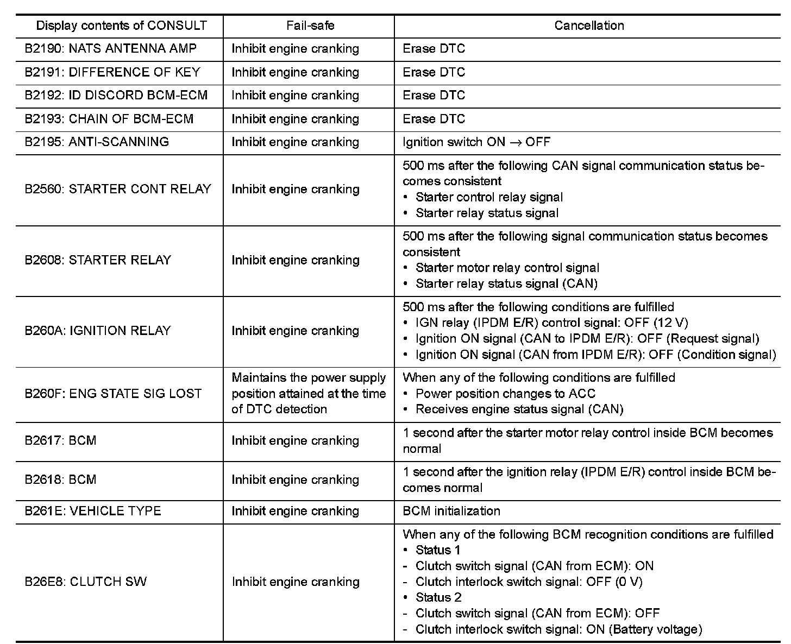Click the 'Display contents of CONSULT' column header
(x=121, y=26)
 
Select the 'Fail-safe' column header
(x=310, y=26)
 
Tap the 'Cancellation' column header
(x=589, y=26)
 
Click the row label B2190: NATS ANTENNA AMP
(x=110, y=49)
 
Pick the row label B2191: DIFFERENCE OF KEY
(x=112, y=72)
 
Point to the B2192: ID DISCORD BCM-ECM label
(x=116, y=96)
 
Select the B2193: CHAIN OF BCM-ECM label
(x=109, y=119)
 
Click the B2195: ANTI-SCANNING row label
(x=97, y=142)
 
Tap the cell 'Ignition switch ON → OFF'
(x=476, y=142)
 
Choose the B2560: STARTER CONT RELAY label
(x=117, y=190)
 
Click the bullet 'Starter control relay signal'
(x=489, y=197)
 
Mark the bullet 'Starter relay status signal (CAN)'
(x=506, y=283)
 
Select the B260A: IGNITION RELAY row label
(x=98, y=331)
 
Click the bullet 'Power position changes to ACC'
(x=505, y=394)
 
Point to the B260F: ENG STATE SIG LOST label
(x=113, y=394)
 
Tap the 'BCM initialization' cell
(x=451, y=511)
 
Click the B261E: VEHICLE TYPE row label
(x=93, y=511)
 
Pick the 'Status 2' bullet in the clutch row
(x=438, y=597)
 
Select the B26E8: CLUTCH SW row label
(x=85, y=582)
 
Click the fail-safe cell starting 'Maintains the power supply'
(x=309, y=394)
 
